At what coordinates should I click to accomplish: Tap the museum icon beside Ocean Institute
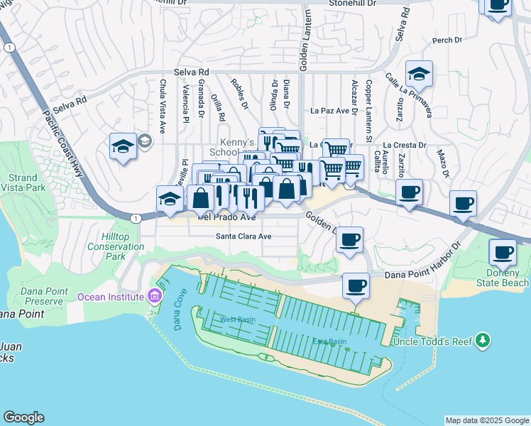[154, 296]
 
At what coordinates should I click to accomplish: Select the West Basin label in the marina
[238, 319]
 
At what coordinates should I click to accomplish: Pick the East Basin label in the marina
[329, 342]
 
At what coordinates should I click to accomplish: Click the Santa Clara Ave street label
[244, 236]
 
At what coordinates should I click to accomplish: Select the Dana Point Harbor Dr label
[423, 273]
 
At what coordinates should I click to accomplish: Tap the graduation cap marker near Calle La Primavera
[420, 74]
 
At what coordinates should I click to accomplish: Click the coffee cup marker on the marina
[355, 286]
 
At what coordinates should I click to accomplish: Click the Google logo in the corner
[23, 417]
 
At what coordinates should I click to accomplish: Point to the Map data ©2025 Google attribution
[487, 420]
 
